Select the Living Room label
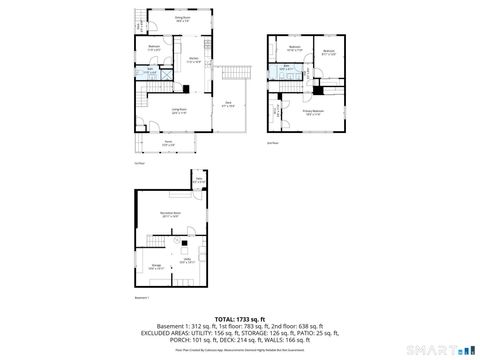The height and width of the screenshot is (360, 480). (x=178, y=111)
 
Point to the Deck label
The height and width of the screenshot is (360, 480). (x=229, y=104)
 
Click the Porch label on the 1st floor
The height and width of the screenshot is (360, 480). (x=170, y=143)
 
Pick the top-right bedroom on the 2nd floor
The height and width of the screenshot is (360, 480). (x=328, y=51)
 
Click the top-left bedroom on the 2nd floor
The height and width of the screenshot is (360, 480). (x=295, y=48)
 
